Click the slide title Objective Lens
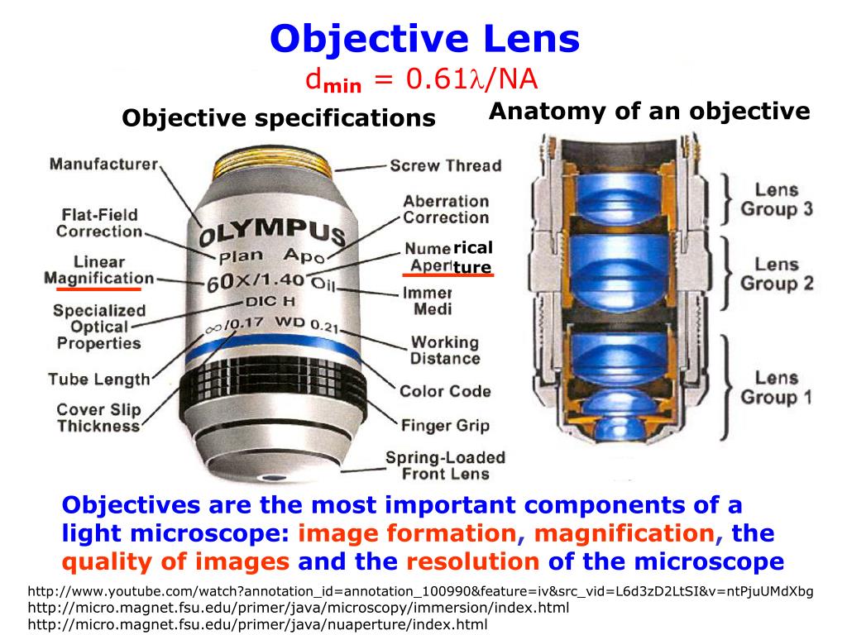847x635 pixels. coord(426,38)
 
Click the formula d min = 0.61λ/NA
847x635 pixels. coord(422,80)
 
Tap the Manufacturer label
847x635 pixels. coord(103,164)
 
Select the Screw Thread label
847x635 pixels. coord(445,165)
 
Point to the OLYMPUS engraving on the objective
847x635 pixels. coord(271,227)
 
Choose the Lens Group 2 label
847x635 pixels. coord(776,275)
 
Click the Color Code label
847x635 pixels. coord(445,391)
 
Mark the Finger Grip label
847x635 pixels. coord(445,427)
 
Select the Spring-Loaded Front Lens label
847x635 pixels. coord(445,466)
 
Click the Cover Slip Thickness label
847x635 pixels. coord(98,418)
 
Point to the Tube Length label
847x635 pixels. coord(98,380)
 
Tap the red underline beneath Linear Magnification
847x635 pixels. coord(98,289)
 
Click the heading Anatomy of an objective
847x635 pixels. coord(649,112)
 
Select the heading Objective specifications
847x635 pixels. coord(279,118)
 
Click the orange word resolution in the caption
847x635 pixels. coord(472,562)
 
